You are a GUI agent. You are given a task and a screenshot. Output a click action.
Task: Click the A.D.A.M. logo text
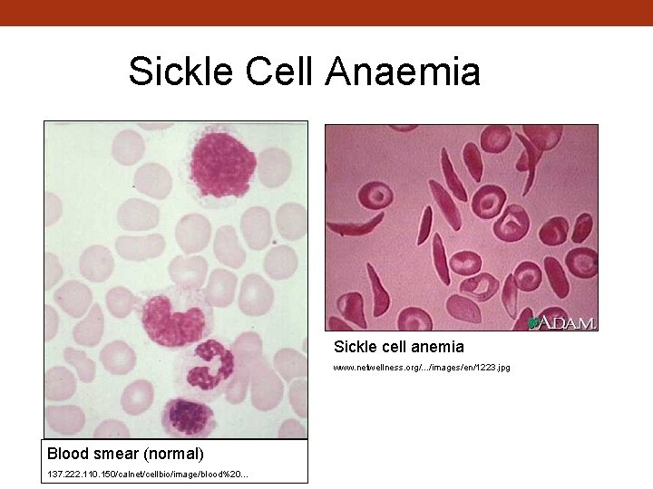tap(569, 322)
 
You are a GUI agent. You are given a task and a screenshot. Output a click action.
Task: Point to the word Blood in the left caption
tap(68, 453)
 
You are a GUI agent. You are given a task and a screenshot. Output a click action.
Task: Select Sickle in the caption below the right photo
tap(354, 347)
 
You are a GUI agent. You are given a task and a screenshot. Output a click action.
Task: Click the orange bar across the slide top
tap(326, 13)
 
